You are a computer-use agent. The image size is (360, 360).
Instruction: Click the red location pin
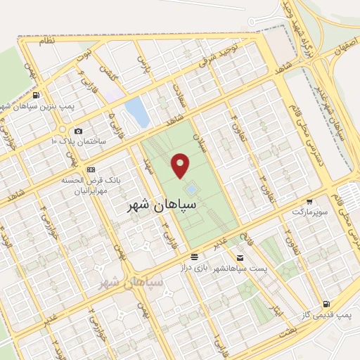[x=181, y=165]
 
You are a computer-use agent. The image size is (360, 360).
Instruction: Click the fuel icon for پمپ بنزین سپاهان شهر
[x=36, y=96]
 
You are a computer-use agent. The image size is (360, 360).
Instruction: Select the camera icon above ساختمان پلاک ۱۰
[x=78, y=131]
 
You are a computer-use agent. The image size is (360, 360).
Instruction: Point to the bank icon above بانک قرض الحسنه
[x=91, y=169]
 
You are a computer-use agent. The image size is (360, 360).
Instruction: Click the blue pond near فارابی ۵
[x=136, y=112]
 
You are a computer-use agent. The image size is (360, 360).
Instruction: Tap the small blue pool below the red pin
[x=191, y=189]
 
